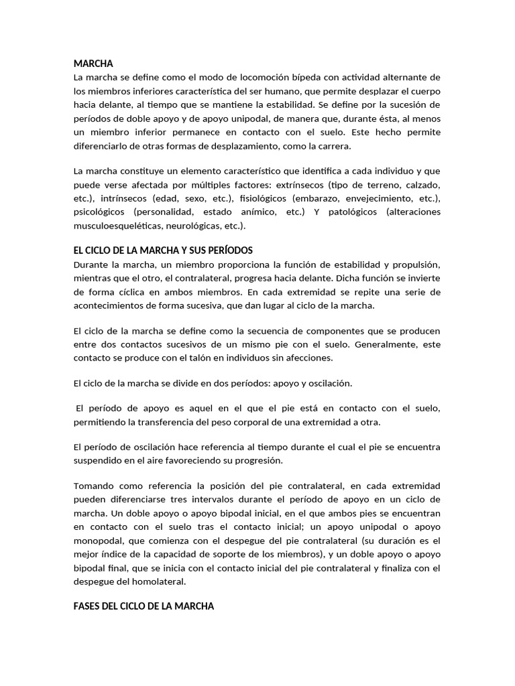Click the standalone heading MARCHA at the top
click(x=93, y=64)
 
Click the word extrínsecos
click(x=355, y=184)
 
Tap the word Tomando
click(x=93, y=485)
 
